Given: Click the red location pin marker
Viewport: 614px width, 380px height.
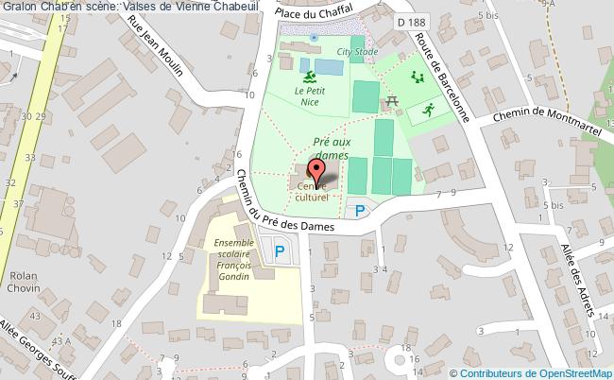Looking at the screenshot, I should click(x=319, y=171).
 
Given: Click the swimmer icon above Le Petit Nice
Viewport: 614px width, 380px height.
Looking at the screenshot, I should click(x=308, y=68).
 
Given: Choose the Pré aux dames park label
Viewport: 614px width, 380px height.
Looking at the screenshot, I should click(x=331, y=148).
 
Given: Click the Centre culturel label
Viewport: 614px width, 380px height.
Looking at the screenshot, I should click(x=313, y=193).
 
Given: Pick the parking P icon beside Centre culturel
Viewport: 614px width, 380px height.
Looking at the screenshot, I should click(x=357, y=211).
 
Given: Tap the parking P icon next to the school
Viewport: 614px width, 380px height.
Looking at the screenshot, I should click(x=280, y=250).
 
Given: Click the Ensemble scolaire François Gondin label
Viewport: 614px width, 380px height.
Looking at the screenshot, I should click(x=229, y=261).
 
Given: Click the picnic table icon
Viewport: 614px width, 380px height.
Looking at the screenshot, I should click(x=389, y=100).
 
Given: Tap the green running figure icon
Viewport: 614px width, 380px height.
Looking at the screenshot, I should click(x=427, y=110).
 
